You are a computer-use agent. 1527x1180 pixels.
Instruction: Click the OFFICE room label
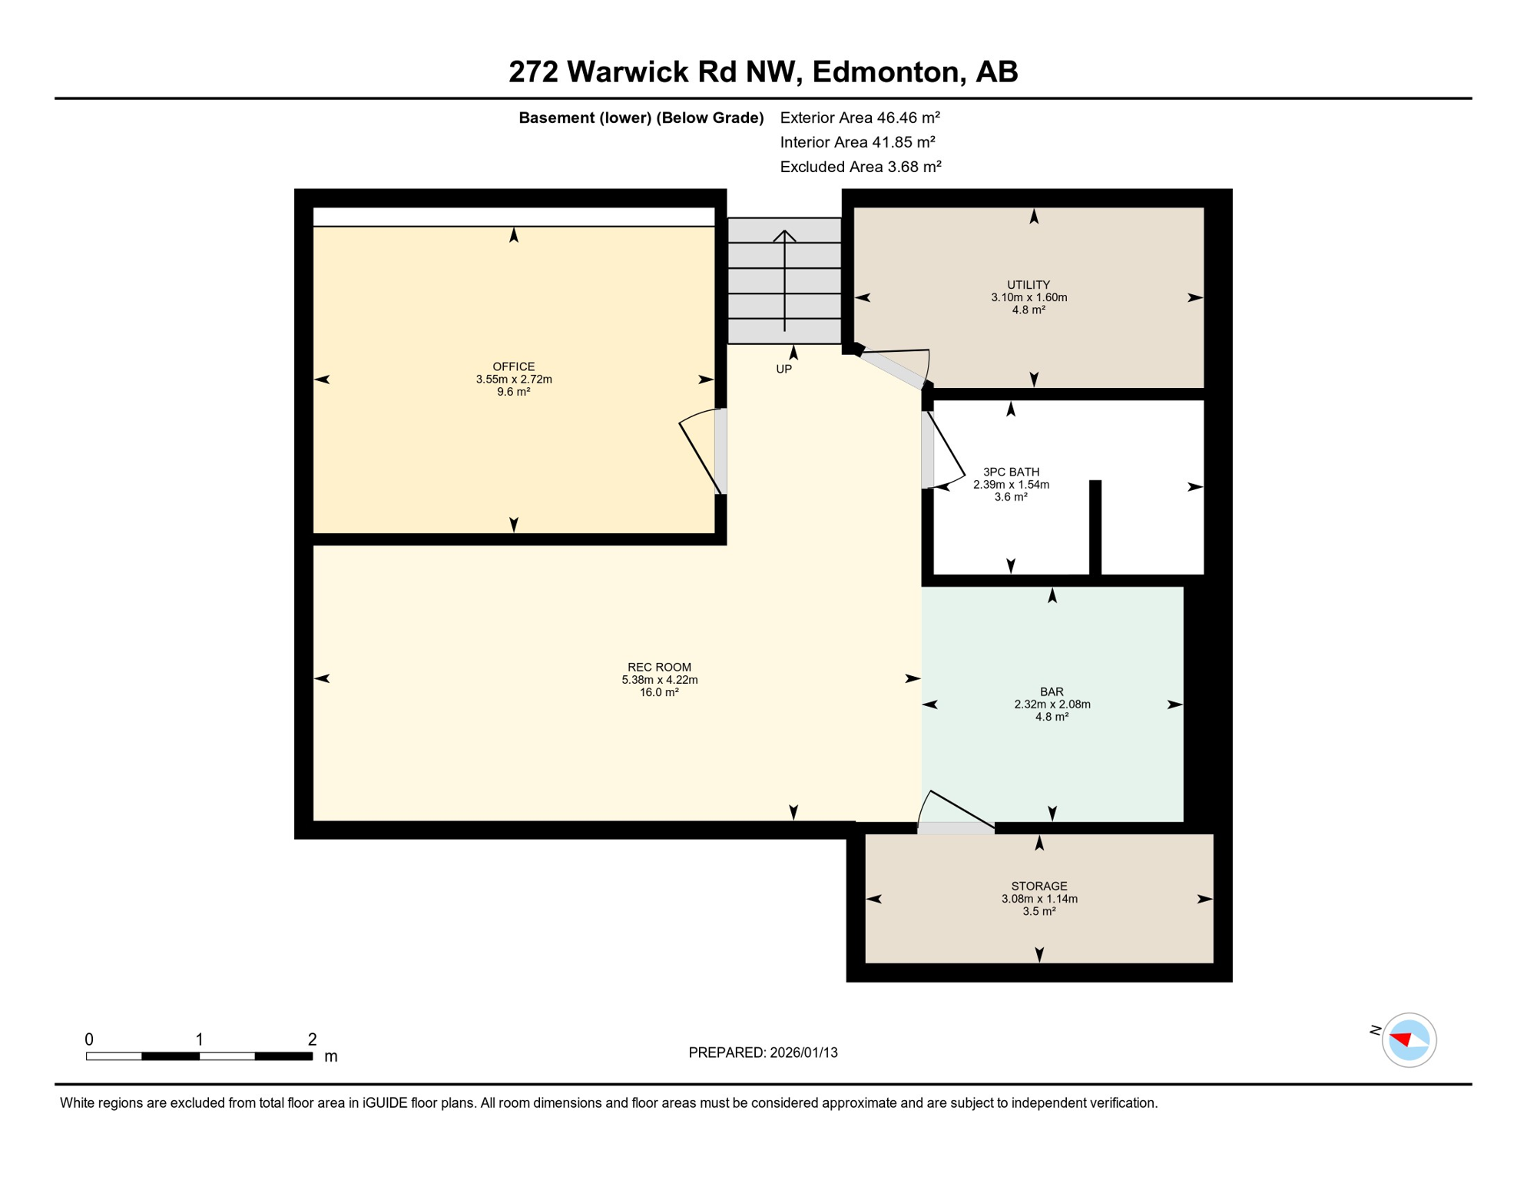tap(513, 366)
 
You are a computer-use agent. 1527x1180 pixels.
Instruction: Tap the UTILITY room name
tap(1028, 285)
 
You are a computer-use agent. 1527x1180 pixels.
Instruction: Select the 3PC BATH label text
tap(1011, 472)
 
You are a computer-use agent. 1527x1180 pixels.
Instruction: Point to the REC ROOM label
tap(659, 667)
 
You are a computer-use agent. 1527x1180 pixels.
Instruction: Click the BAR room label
tap(1051, 691)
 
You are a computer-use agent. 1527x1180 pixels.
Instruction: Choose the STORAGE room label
tap(1038, 886)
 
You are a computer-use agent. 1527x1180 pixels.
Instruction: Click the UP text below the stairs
tap(783, 369)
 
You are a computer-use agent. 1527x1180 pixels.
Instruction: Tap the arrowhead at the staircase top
tap(784, 234)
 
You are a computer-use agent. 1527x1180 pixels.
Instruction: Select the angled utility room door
tap(893, 370)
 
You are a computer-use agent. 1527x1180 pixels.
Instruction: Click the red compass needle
tap(1402, 1039)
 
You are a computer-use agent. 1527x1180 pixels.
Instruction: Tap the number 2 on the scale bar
tap(312, 1039)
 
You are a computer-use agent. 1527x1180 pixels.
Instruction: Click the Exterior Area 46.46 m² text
tap(860, 118)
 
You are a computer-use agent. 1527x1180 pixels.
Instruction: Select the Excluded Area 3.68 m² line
tap(860, 167)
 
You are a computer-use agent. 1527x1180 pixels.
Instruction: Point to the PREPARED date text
tap(763, 1052)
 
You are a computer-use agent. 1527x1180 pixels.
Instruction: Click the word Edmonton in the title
tap(886, 71)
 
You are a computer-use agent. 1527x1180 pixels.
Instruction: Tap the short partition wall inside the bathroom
tap(1095, 527)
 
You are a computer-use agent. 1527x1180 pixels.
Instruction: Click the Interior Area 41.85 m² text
tap(857, 142)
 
